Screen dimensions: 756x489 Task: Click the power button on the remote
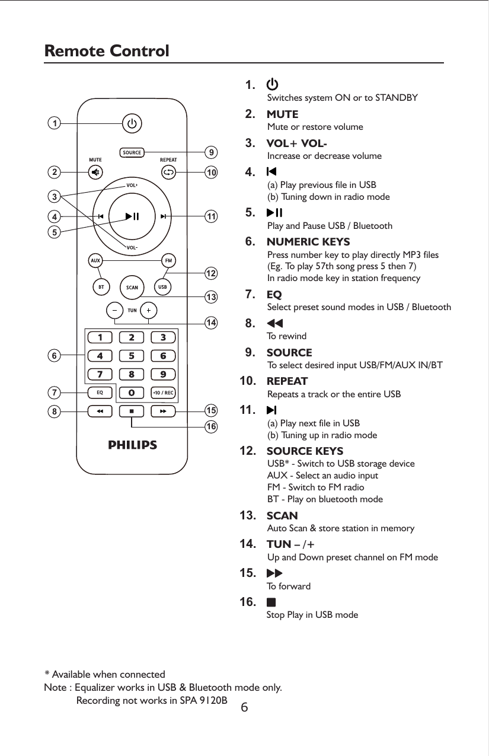132,124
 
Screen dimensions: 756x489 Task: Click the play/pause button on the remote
132,216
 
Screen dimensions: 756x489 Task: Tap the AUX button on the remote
95,260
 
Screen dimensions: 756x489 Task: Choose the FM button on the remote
168,260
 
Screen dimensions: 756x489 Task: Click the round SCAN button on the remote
132,288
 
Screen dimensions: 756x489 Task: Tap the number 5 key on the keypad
132,356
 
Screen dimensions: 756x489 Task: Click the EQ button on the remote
100,393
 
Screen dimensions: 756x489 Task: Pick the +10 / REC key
162,393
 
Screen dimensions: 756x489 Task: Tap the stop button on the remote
132,411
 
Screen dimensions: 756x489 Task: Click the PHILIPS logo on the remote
132,445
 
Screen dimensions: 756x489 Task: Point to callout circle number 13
210,295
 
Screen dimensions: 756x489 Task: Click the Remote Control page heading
107,52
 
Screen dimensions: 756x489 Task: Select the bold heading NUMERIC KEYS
308,242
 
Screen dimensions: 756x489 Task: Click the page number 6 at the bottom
245,708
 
